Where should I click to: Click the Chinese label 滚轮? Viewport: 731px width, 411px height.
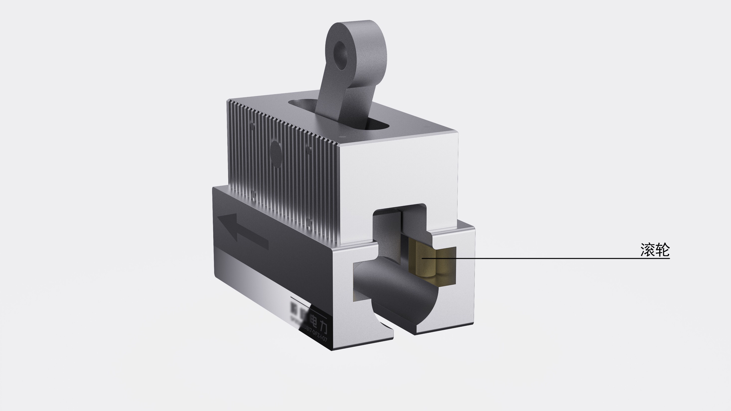click(x=655, y=250)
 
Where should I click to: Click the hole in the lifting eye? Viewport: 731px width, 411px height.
click(x=341, y=55)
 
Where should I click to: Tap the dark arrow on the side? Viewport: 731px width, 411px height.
click(x=244, y=231)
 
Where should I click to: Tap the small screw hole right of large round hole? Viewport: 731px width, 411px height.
click(x=309, y=151)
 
